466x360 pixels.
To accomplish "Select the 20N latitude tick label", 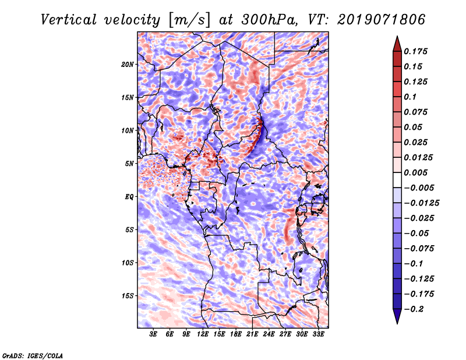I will [x=128, y=64].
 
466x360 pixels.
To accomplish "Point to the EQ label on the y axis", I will [x=129, y=197].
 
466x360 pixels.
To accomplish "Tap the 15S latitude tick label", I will [x=128, y=296].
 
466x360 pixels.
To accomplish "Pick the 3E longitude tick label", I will [x=153, y=335].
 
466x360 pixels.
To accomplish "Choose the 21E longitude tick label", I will [x=252, y=335].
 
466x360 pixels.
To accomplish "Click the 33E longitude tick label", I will [x=318, y=335].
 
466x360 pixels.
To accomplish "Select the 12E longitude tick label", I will [x=203, y=335].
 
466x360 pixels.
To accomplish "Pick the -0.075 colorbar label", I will [x=419, y=248].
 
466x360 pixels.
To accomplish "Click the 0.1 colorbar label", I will [x=411, y=97].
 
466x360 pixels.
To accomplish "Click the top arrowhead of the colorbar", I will [x=396, y=43].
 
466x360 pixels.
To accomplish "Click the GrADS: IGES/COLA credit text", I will [x=33, y=355].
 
